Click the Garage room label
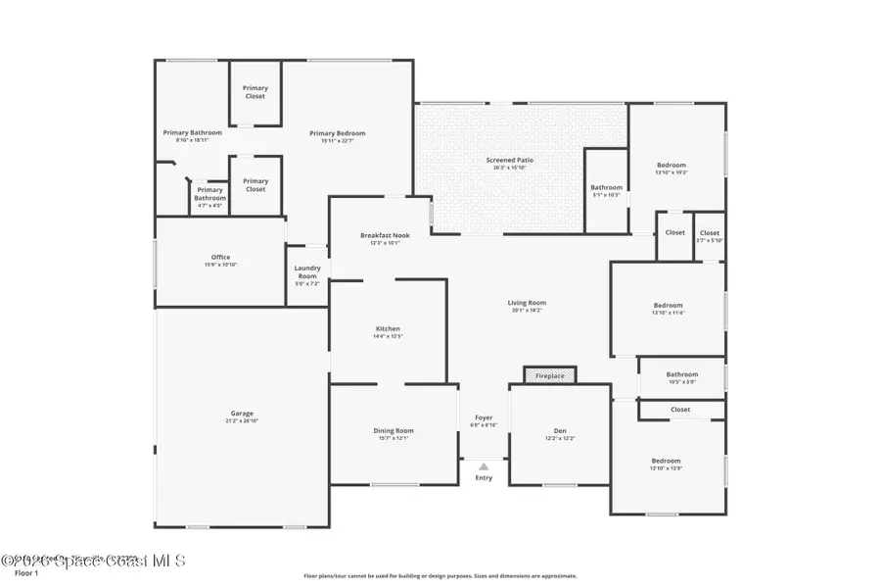242,414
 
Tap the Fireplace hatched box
549,375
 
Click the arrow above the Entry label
484,466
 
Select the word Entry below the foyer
484,478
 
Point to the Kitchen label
388,329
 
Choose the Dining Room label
394,430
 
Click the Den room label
559,430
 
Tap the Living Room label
527,304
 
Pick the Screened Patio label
510,160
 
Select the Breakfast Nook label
385,235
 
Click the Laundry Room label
307,271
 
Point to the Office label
220,257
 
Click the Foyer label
484,417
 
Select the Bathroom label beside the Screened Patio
606,187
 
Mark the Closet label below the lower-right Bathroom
680,410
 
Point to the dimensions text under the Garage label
242,421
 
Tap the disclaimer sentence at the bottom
440,576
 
